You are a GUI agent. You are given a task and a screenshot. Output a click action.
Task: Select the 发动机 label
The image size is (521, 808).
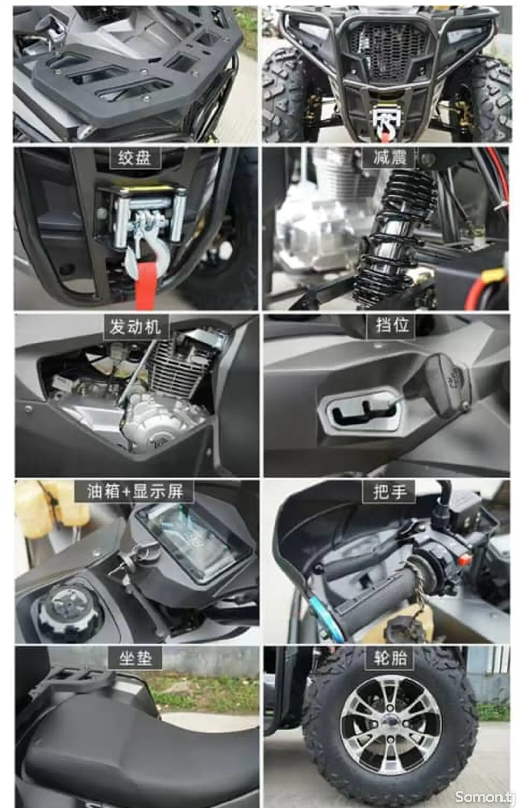(x=136, y=327)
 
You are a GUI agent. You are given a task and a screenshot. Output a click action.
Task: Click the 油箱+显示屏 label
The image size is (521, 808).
(x=134, y=491)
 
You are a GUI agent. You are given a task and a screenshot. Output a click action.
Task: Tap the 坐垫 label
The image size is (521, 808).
(x=135, y=658)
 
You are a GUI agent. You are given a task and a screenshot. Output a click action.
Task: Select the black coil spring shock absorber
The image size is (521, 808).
(x=392, y=236)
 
